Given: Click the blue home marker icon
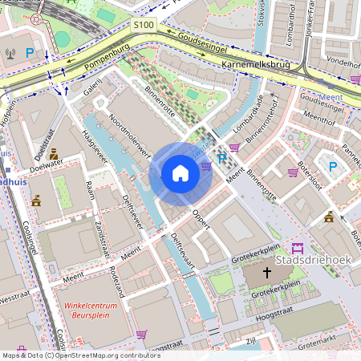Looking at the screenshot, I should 180,173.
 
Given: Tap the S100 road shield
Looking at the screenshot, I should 144,26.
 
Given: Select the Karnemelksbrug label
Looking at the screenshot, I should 256,63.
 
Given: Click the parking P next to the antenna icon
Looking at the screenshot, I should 30,54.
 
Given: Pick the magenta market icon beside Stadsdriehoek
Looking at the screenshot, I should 298,248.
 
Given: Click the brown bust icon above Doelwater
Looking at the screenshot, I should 53,153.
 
